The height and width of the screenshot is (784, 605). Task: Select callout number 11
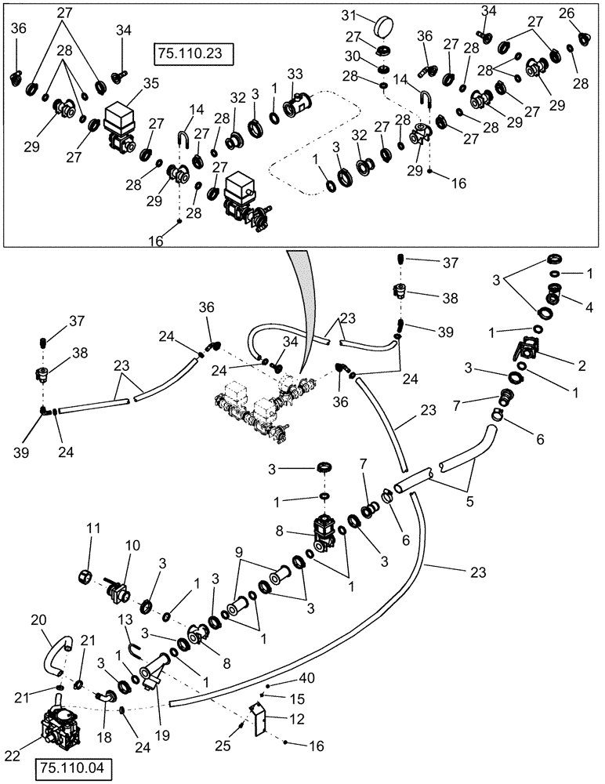(93, 531)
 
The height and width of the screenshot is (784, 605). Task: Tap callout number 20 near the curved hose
(39, 619)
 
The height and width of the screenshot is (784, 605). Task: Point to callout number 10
(130, 544)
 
